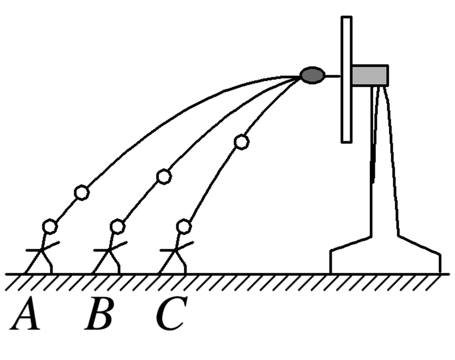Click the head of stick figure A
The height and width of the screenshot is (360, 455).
(50, 227)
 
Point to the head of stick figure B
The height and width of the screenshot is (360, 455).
(117, 227)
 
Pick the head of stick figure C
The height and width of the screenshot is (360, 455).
(183, 227)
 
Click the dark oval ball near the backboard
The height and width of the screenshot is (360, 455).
(313, 75)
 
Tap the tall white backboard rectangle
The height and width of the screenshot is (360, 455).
(346, 79)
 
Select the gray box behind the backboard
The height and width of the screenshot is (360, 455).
(370, 75)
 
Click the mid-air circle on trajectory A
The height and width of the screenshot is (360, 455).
(81, 193)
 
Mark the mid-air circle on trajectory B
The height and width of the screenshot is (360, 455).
(164, 177)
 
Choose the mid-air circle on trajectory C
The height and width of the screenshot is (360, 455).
(241, 142)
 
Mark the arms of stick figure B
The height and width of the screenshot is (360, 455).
(110, 248)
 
